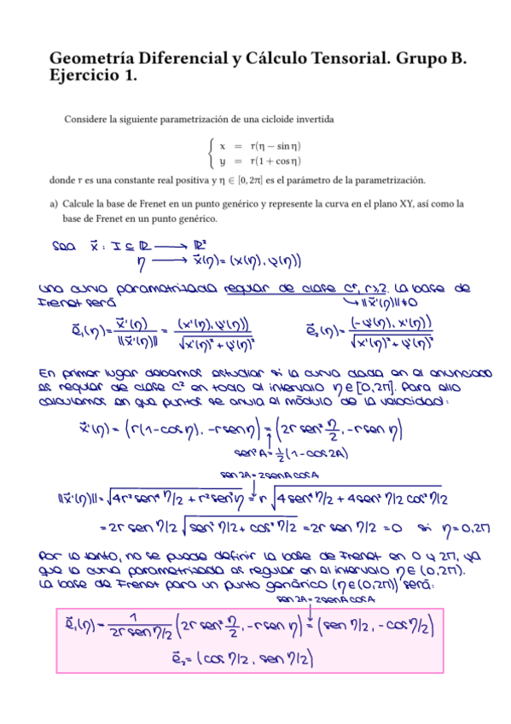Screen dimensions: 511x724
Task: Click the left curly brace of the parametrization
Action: pyautogui.click(x=211, y=153)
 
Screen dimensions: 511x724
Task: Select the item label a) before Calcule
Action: pyautogui.click(x=55, y=204)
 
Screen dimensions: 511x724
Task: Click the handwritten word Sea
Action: pyautogui.click(x=62, y=248)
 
